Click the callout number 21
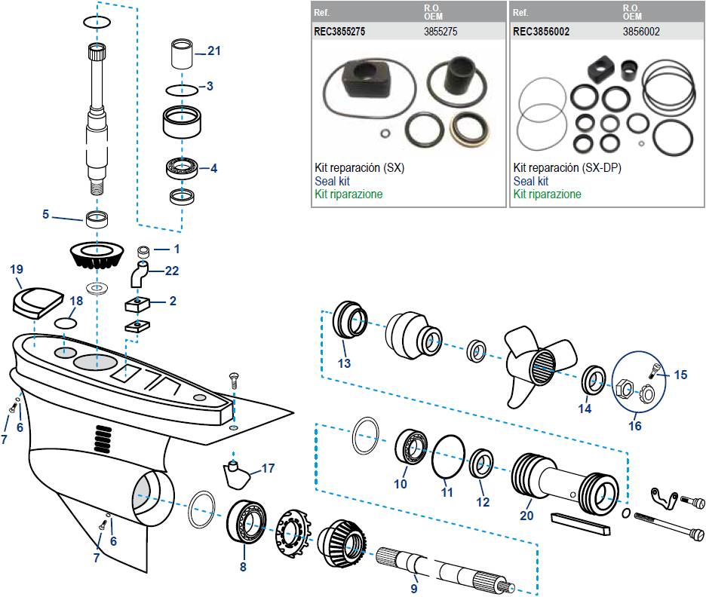click(x=214, y=51)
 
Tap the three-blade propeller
click(x=539, y=363)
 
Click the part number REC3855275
click(x=345, y=32)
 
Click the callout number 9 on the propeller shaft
click(x=413, y=588)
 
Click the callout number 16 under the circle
click(x=634, y=426)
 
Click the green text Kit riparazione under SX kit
click(x=348, y=194)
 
